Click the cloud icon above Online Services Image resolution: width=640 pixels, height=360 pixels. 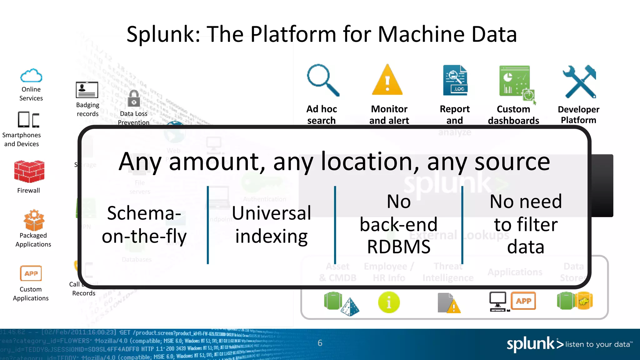(31, 75)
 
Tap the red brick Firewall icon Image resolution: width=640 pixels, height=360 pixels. (29, 171)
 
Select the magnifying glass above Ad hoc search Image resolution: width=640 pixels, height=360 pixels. (322, 80)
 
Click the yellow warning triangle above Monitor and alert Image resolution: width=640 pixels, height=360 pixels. (387, 80)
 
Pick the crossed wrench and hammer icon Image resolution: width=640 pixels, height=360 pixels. (579, 82)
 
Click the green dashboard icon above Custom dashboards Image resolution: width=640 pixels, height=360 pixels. (516, 82)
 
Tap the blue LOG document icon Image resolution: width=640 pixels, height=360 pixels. (455, 80)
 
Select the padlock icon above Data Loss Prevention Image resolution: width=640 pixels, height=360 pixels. (134, 98)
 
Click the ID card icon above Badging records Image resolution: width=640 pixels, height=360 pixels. (87, 90)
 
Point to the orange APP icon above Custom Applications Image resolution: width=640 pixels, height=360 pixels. (31, 273)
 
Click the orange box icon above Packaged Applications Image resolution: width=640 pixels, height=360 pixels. (34, 220)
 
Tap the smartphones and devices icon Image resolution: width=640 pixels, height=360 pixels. (28, 120)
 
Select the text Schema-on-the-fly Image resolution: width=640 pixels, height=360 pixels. (144, 224)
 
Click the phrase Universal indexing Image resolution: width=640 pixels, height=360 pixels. (271, 224)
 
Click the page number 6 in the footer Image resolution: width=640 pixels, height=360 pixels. (320, 343)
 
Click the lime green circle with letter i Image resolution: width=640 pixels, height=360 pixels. (389, 302)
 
